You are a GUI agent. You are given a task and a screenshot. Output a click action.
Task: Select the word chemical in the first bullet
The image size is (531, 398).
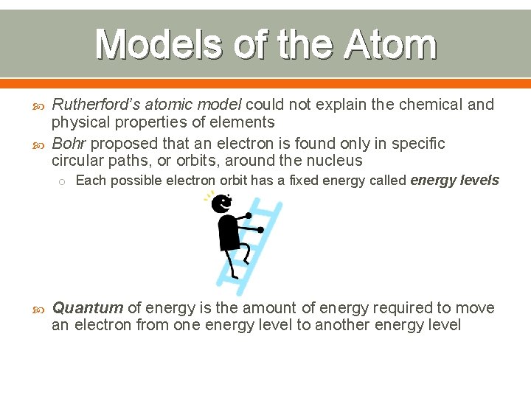click(431, 105)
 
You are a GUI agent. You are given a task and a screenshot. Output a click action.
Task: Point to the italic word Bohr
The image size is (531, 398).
click(69, 143)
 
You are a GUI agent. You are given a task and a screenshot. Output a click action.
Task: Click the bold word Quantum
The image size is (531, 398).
click(87, 307)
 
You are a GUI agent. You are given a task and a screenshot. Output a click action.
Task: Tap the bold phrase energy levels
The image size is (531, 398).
click(454, 181)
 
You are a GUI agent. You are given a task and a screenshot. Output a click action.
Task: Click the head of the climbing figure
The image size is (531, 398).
click(222, 203)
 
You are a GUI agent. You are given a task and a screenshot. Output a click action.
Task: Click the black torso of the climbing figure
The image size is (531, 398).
click(228, 233)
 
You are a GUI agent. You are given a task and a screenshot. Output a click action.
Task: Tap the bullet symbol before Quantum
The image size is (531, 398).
click(38, 308)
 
